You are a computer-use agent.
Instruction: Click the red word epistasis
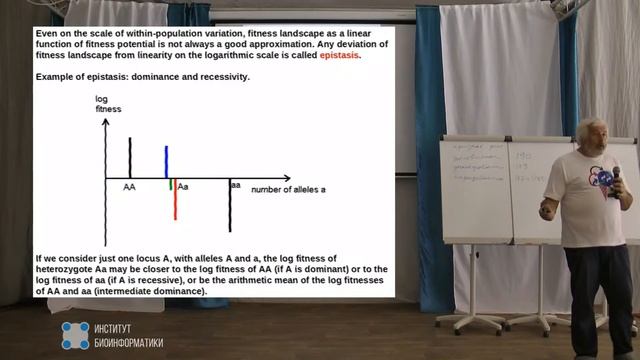point(339,56)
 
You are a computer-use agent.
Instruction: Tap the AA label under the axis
point(130,187)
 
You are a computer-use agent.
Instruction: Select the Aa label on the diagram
point(183,187)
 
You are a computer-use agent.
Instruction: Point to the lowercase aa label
point(236,185)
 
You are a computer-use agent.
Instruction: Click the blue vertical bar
point(166,162)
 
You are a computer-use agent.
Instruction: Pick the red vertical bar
point(175,200)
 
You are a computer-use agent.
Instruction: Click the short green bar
point(171,184)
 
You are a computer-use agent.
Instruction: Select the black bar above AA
point(130,157)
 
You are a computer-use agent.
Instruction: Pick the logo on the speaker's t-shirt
point(605,178)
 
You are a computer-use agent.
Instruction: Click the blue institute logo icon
point(75,335)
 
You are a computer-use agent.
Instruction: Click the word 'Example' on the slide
point(54,76)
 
